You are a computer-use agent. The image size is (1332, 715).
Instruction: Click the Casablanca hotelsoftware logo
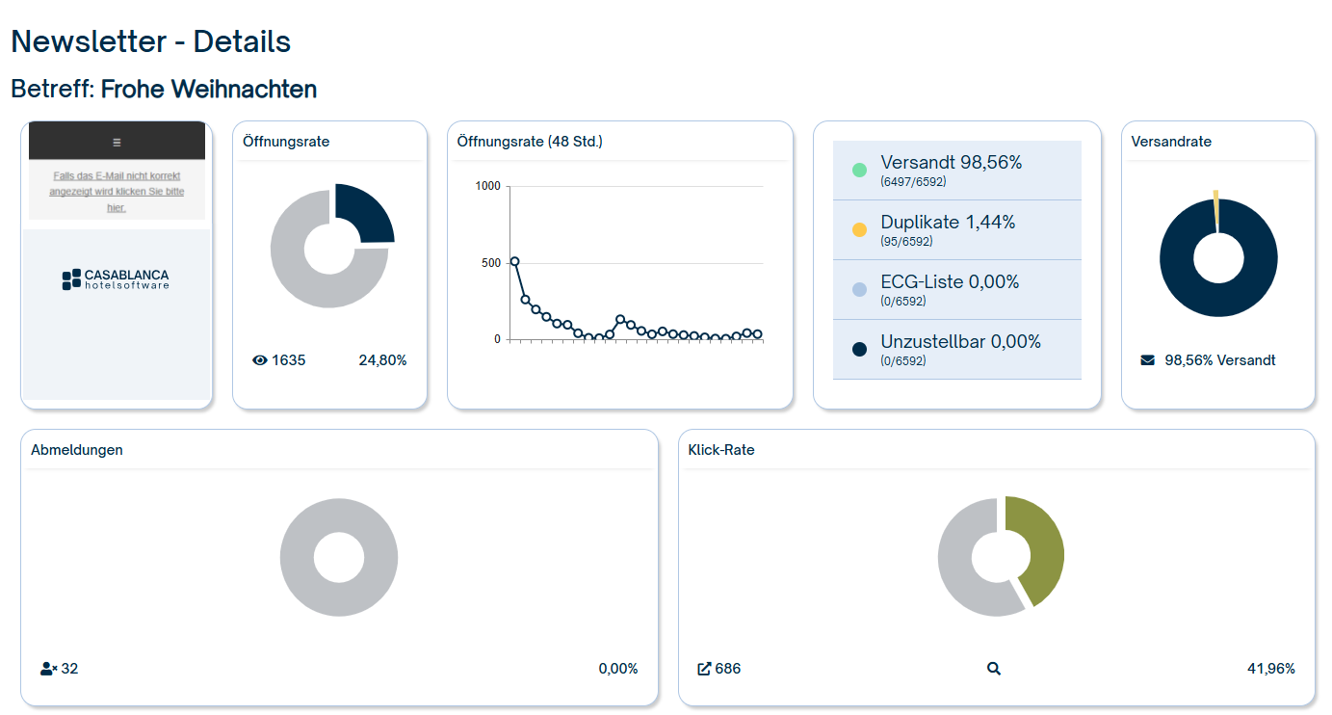tap(116, 279)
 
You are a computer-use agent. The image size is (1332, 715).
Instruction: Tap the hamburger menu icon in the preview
tap(117, 142)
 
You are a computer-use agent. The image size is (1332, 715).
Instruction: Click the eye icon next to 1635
tap(259, 360)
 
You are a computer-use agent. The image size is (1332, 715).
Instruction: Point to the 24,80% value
tap(382, 360)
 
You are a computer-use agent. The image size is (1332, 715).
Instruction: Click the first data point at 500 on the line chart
tap(514, 261)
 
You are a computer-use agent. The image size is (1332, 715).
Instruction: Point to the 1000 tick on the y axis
tap(488, 186)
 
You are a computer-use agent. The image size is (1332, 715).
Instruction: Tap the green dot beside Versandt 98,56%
tap(859, 171)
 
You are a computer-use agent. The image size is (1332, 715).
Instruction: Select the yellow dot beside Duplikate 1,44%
tap(859, 230)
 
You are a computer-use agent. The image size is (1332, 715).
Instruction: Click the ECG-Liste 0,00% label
tap(949, 282)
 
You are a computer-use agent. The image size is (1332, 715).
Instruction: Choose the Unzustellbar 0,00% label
tap(960, 342)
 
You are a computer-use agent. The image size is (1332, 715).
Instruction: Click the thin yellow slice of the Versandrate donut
tap(1216, 210)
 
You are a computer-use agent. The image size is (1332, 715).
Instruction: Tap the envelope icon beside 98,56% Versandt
tap(1147, 360)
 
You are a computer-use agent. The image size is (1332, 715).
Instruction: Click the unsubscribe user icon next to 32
tap(48, 669)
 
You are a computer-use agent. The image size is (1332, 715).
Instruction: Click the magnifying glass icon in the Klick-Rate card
tap(994, 669)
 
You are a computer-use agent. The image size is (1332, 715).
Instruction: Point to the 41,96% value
tap(1270, 669)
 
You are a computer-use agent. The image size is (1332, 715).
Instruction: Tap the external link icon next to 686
tap(704, 669)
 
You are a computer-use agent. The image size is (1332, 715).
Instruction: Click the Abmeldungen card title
tap(77, 450)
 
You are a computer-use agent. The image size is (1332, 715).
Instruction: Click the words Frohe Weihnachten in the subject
tap(209, 90)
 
